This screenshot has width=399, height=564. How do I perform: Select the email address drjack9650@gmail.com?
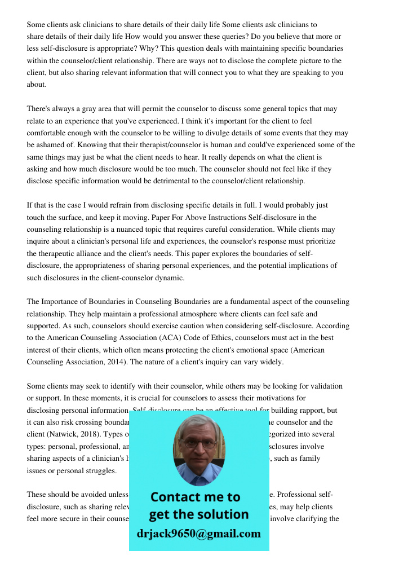pos(199,534)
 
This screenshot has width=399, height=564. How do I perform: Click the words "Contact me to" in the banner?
pos(195,497)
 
